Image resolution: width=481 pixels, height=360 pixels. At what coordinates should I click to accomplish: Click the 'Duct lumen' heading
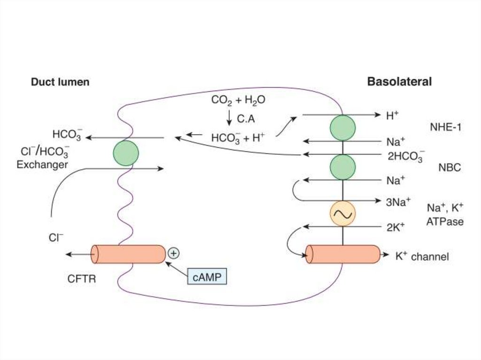point(60,82)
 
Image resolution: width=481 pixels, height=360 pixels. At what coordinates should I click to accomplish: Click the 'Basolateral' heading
point(399,82)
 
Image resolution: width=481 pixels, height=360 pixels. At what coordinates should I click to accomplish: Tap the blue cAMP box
point(207,277)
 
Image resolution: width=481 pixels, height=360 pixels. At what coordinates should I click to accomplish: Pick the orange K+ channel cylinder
point(343,254)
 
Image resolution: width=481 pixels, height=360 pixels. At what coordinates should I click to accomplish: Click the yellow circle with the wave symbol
point(342,214)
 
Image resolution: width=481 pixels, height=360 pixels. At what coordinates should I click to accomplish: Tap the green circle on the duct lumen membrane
point(126,153)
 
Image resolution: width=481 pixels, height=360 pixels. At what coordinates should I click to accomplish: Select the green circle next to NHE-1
point(342,128)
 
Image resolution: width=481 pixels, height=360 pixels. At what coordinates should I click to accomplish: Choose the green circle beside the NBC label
point(342,167)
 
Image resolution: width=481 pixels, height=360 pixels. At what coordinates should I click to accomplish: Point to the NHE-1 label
point(446,127)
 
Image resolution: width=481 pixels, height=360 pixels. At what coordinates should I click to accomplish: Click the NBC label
point(450,168)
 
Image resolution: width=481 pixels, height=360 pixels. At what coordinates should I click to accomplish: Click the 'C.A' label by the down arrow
point(246,119)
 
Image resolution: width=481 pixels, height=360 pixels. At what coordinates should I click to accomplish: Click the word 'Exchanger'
point(42,165)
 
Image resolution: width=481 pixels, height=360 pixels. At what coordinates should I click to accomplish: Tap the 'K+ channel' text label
point(422,257)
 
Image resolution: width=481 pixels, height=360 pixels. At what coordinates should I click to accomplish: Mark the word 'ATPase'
point(444,222)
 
